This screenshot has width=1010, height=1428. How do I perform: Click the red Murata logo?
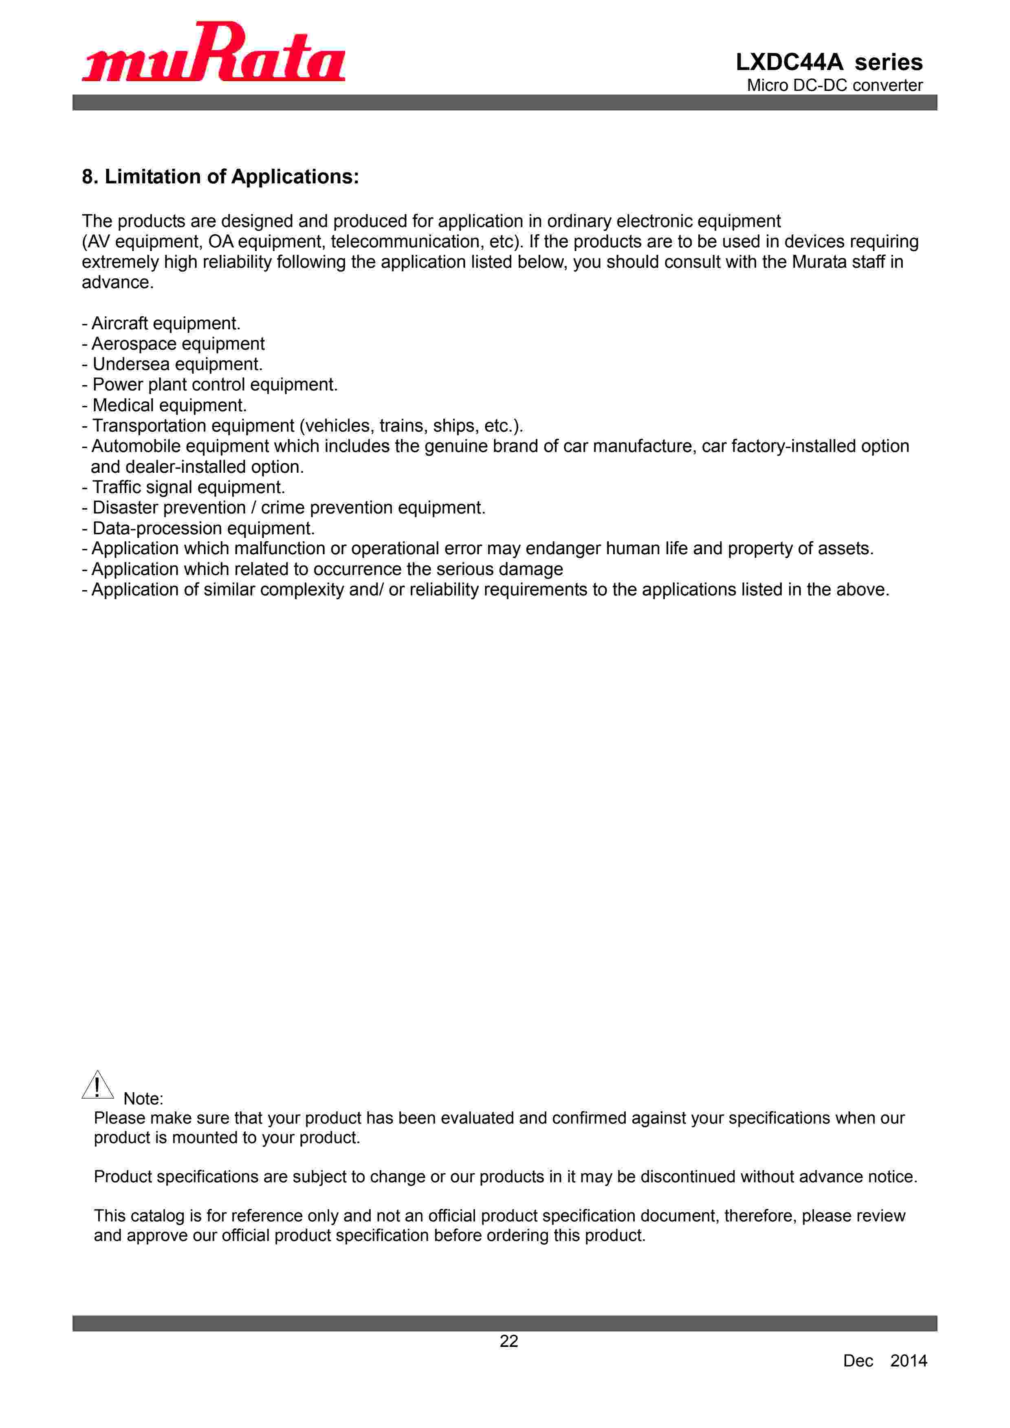click(x=213, y=53)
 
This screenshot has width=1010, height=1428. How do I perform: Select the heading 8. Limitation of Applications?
click(x=220, y=176)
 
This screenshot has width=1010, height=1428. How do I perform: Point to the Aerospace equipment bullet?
click(x=174, y=344)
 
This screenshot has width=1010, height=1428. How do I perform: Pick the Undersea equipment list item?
click(x=173, y=364)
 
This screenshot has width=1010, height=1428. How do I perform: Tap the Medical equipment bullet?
click(x=165, y=405)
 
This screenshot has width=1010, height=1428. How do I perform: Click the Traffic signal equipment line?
click(x=184, y=487)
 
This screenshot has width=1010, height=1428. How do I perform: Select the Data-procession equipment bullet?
click(x=199, y=528)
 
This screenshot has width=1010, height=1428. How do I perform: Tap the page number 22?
click(x=509, y=1342)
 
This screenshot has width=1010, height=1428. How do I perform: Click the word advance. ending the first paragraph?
click(x=118, y=282)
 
